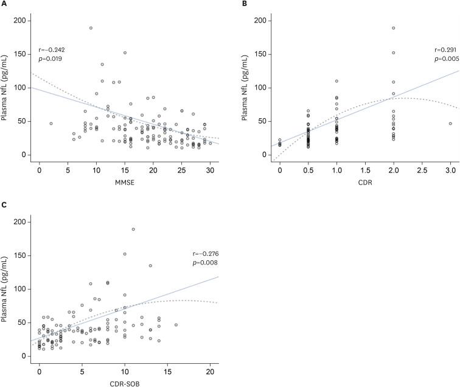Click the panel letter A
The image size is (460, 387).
[x=4, y=4]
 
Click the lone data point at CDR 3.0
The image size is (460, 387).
[x=450, y=124]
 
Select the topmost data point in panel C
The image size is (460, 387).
[x=133, y=229]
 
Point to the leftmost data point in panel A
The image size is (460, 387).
[x=51, y=124]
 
